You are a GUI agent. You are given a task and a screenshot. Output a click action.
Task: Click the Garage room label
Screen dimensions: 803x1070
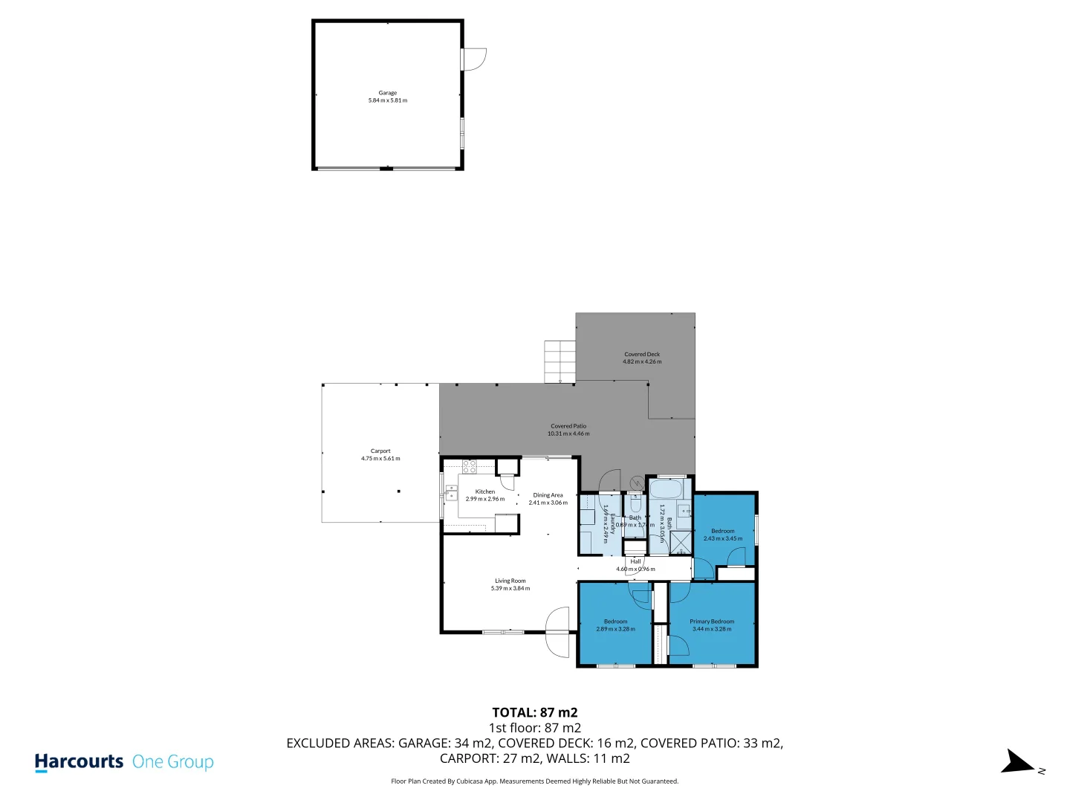click(387, 93)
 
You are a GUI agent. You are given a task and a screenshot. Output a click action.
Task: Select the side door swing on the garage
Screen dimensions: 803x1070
click(474, 59)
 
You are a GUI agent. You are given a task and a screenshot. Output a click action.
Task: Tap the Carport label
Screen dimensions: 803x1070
click(380, 451)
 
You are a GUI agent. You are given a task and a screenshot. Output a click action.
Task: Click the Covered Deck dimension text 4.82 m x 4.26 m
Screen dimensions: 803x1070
click(642, 362)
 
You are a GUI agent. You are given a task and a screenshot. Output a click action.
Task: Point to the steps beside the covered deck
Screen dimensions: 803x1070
click(560, 361)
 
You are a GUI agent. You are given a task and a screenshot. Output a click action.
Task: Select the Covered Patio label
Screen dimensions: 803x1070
click(568, 426)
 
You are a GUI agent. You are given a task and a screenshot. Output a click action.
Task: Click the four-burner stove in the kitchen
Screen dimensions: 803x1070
click(470, 467)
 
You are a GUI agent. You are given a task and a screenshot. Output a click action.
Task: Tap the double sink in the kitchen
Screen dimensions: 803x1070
click(451, 492)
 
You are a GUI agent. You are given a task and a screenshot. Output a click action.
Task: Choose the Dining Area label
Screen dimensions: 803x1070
click(548, 495)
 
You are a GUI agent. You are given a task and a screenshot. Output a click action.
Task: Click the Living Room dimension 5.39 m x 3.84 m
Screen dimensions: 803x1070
click(510, 589)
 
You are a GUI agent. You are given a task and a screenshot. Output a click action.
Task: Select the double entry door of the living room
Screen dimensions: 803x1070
click(557, 632)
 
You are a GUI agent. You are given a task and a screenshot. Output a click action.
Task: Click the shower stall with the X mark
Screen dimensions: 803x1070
click(681, 543)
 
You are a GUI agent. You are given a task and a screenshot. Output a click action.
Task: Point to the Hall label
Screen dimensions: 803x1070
click(635, 561)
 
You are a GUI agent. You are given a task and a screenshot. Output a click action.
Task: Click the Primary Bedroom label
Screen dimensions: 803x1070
click(712, 622)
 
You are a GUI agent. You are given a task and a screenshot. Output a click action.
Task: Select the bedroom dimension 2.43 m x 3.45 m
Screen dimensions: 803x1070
click(723, 538)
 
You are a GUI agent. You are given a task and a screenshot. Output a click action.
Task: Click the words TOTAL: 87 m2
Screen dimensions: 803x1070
click(534, 712)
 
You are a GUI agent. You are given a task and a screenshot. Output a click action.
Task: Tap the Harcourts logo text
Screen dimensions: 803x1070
click(79, 762)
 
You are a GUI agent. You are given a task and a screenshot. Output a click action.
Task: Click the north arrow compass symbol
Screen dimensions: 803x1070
click(1017, 763)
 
